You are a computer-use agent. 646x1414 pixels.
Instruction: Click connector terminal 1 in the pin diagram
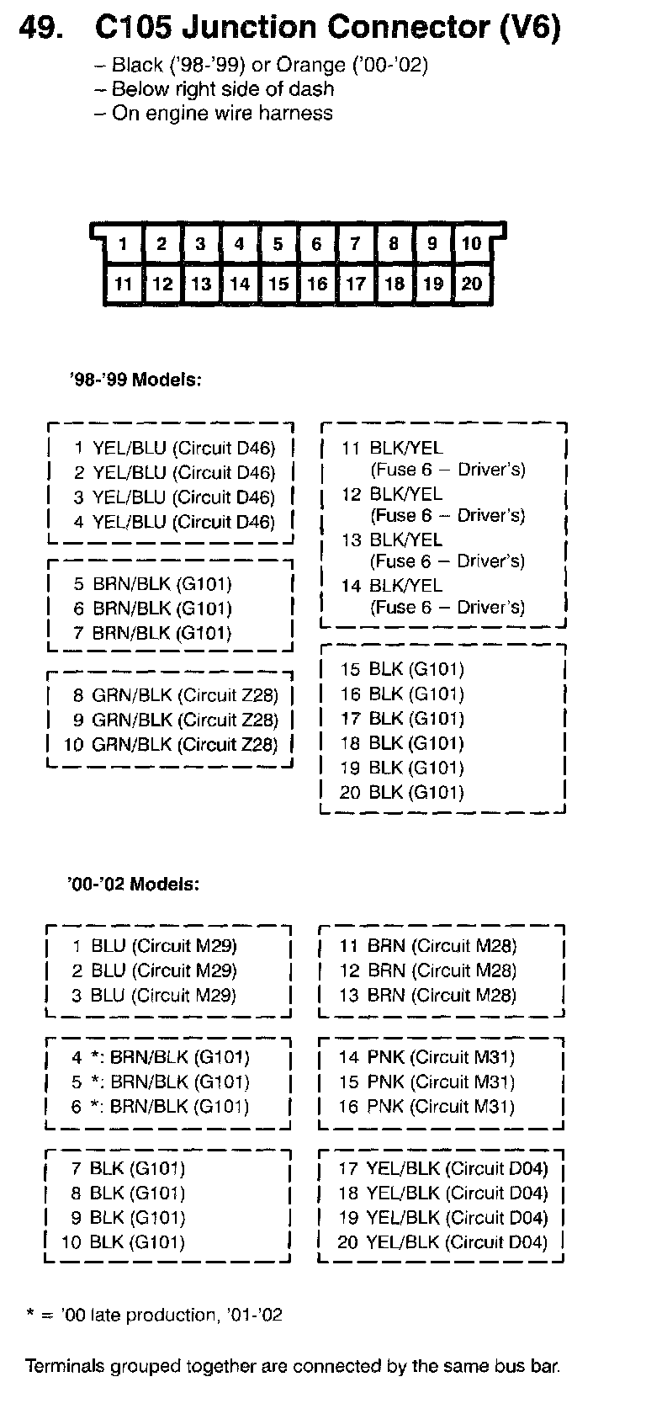pos(123,244)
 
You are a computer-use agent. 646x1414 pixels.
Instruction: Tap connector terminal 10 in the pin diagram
pos(471,244)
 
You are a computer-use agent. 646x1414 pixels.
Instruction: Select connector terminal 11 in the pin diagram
pos(124,284)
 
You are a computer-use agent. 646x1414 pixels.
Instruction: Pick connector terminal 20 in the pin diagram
pos(471,284)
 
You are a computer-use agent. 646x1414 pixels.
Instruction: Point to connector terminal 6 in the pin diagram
pos(316,244)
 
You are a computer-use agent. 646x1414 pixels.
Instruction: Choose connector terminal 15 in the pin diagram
pos(278,284)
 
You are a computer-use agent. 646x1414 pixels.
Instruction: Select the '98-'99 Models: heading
pos(135,380)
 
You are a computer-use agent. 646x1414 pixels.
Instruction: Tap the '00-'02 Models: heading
pos(134,885)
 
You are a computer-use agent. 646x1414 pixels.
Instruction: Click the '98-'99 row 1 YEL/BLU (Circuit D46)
pos(174,449)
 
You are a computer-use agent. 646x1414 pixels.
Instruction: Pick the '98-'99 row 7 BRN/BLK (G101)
pos(151,633)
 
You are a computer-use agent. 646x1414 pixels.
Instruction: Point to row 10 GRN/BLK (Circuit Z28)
pos(171,745)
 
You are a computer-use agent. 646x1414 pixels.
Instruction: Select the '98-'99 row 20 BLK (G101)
pos(402,792)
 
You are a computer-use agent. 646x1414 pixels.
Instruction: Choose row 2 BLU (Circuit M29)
pos(154,970)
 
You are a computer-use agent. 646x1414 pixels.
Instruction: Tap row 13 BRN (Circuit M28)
pos(428,995)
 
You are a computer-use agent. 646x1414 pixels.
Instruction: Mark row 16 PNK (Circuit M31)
pos(426,1107)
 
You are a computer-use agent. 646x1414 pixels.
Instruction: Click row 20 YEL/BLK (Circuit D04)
pos(442,1242)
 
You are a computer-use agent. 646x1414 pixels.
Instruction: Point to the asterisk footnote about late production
pos(155,1315)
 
